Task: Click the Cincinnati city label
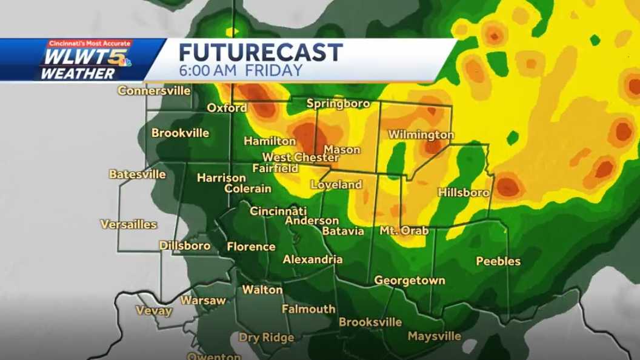(278, 211)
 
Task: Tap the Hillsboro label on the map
(463, 192)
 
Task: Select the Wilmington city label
(421, 134)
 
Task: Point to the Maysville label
(434, 336)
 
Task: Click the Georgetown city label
(410, 281)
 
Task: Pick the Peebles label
(498, 261)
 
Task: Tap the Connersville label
(154, 91)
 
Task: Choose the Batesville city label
(137, 174)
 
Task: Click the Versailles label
(128, 224)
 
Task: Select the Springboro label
(338, 104)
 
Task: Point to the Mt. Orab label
(404, 231)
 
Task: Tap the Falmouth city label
(308, 309)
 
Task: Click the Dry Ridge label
(266, 338)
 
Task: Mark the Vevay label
(153, 311)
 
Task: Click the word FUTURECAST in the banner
(261, 52)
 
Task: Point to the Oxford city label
(227, 108)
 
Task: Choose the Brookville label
(180, 133)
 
